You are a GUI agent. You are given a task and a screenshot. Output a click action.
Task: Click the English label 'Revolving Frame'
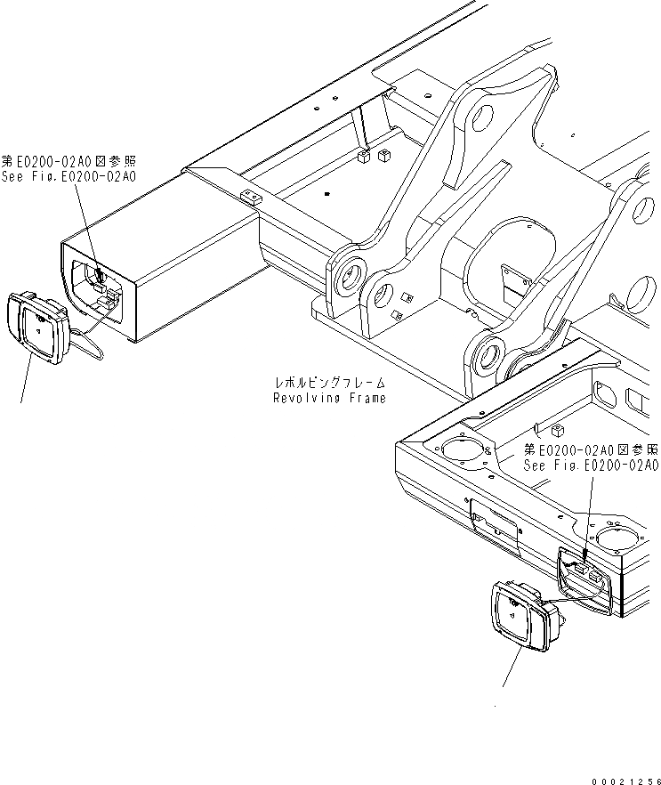329,398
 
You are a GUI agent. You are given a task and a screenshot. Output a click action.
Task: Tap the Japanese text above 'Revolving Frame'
329,382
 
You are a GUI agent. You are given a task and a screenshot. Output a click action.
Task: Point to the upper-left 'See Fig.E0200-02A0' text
69,177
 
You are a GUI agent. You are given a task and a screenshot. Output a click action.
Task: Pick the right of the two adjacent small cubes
383,157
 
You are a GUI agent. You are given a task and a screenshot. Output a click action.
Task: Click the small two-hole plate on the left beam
251,196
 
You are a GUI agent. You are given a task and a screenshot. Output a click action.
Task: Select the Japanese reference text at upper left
69,162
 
